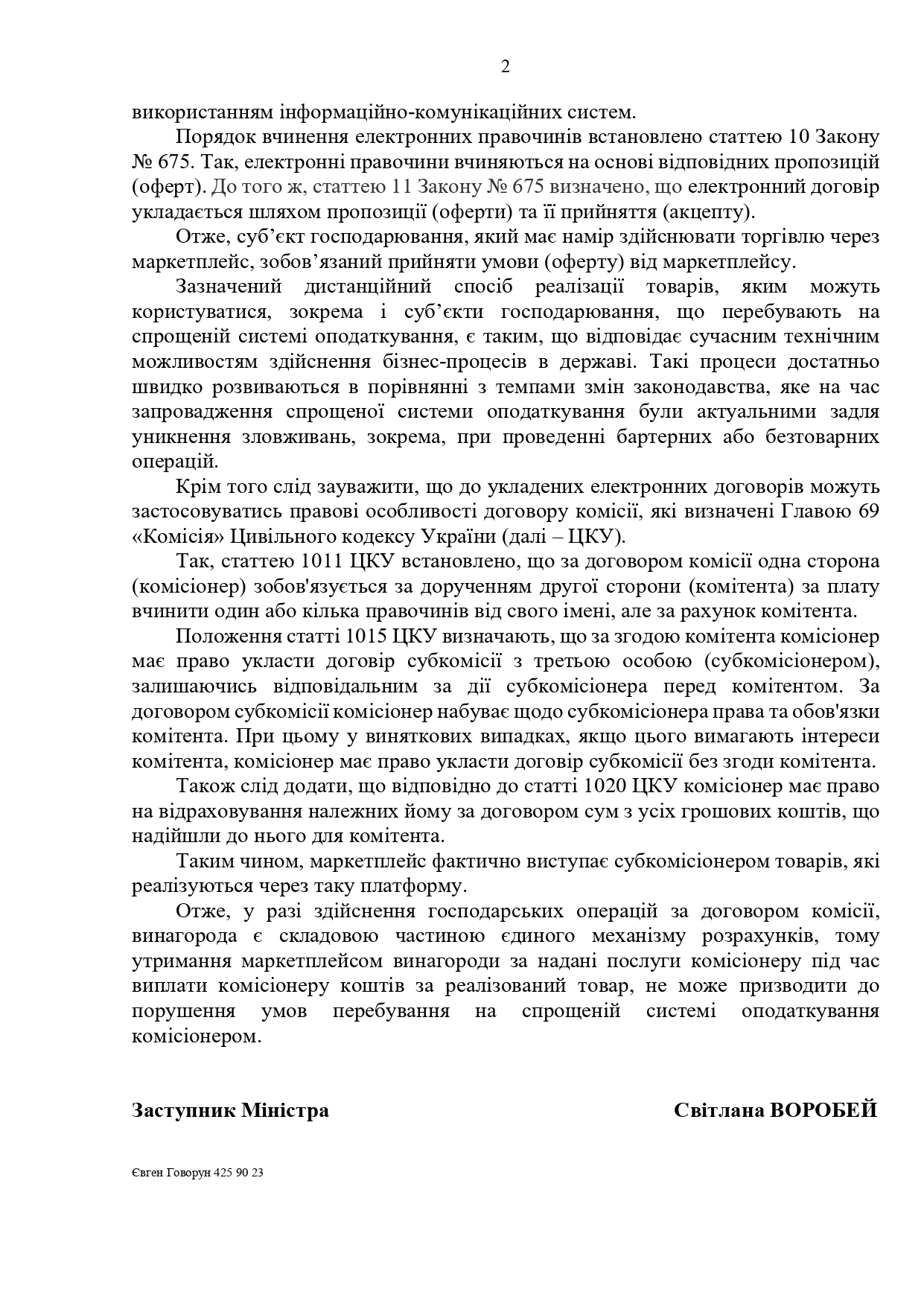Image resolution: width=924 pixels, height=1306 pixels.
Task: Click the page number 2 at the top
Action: tap(506, 68)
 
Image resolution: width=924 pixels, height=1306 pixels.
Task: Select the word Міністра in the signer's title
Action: tap(285, 1110)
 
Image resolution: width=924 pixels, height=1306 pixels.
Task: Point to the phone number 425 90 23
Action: tap(238, 1172)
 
